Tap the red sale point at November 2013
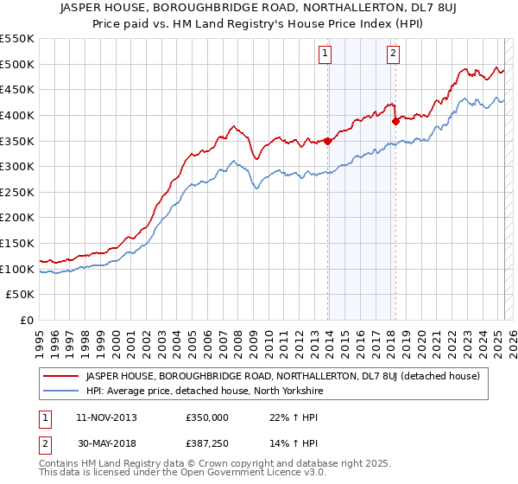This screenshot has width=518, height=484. [x=328, y=141]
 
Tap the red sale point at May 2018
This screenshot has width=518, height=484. [x=395, y=122]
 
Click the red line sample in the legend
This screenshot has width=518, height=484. [x=61, y=376]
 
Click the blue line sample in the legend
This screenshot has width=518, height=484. [x=61, y=391]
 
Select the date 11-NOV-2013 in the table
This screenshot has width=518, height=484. [x=106, y=417]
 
